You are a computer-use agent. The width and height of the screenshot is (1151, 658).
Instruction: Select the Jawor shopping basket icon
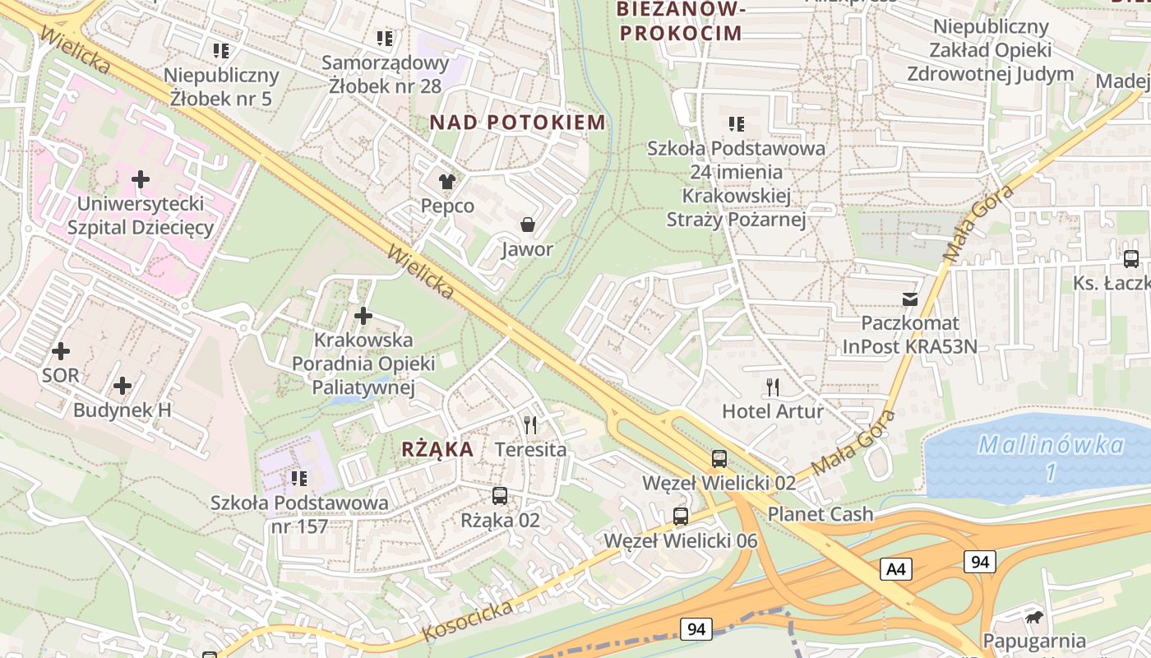527,225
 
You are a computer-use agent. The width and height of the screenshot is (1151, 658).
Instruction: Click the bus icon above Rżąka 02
499,496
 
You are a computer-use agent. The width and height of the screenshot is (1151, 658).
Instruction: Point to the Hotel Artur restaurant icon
772,387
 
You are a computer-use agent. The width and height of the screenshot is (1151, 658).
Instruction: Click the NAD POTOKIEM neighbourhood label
517,123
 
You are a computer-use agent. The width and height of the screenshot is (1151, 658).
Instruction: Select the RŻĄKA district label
437,449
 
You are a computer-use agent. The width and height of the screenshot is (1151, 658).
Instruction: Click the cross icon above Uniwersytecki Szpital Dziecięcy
141,178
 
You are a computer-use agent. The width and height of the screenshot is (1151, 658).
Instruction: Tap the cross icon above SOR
61,351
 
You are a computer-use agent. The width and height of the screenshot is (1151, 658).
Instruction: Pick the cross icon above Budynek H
122,385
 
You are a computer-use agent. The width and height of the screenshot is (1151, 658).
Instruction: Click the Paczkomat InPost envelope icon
909,299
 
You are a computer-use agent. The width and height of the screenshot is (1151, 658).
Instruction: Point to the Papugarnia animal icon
1034,616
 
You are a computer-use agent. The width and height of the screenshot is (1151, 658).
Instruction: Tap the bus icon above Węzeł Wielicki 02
719,458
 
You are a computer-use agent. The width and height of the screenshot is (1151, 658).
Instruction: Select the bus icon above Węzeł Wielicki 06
680,517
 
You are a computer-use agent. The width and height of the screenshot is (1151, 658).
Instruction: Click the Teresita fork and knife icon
530,425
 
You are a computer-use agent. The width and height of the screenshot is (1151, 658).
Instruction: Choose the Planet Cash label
820,514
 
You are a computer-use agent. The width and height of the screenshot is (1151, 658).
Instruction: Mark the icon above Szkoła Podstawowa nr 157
299,478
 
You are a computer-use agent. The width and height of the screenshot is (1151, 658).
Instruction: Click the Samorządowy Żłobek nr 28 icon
385,38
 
